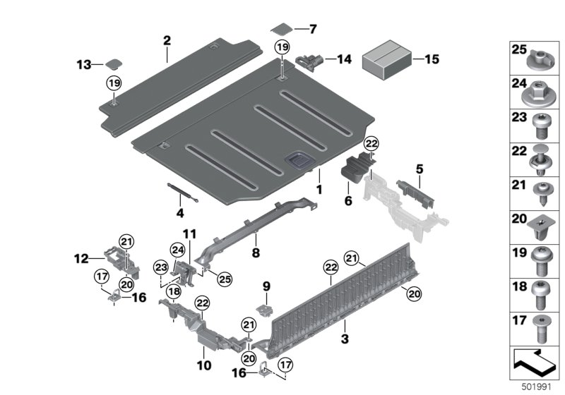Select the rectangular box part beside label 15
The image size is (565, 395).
(x=387, y=60)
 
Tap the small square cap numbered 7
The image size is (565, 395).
(x=282, y=30)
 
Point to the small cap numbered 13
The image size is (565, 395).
(x=113, y=64)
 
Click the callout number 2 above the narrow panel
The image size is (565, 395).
(x=167, y=40)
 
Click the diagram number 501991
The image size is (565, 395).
(x=535, y=387)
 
